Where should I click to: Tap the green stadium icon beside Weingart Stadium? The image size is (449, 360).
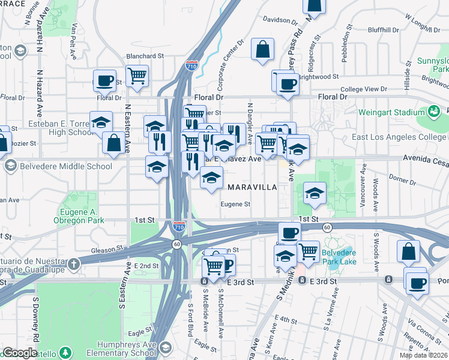coord(433,112)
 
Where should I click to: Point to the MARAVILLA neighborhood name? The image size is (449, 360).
coord(252,187)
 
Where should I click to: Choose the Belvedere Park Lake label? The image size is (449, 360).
coord(340,257)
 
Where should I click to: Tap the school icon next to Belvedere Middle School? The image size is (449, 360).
coord(10,166)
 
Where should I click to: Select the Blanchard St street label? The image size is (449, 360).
coord(145,56)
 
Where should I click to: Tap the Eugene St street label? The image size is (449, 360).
coord(235,205)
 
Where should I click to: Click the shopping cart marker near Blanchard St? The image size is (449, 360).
coord(137,76)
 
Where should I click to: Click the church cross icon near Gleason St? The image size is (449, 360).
coord(73,265)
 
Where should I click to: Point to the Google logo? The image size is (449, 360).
coord(20,353)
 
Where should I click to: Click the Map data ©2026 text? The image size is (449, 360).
coord(423,355)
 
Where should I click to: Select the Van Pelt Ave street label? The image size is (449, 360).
coord(74,41)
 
